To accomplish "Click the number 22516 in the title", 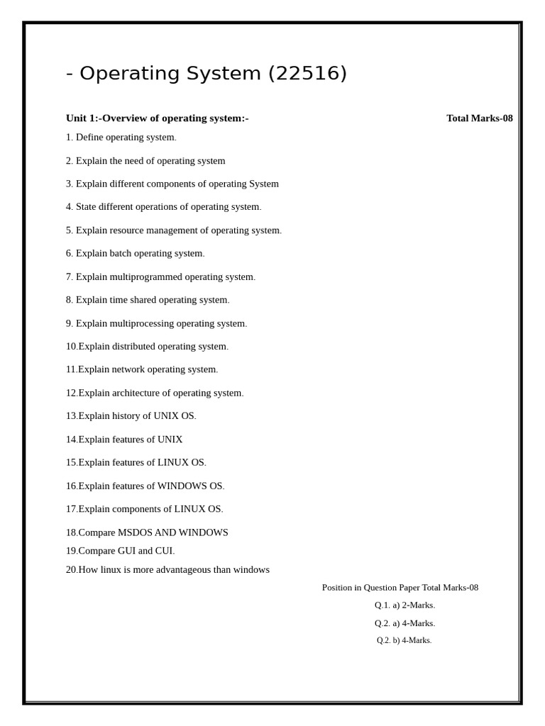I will click(x=307, y=74).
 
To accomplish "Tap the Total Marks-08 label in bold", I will click(x=479, y=118).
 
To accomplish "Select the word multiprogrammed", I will click(x=145, y=277).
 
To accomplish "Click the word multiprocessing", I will click(x=141, y=323).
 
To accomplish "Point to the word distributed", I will click(x=133, y=347).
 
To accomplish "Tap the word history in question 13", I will click(x=126, y=416).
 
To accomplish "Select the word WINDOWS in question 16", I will click(x=182, y=486).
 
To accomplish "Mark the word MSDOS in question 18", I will click(x=135, y=532).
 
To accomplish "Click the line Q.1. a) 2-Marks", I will click(x=404, y=605).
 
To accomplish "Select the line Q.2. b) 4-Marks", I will click(x=404, y=640).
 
